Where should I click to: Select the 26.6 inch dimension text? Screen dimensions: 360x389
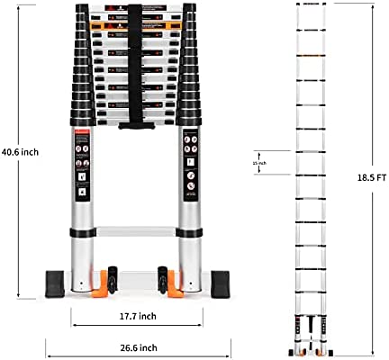coord(137,347)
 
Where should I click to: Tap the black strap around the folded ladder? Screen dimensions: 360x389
coord(137,63)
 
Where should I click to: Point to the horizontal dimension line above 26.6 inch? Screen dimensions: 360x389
coord(137,335)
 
